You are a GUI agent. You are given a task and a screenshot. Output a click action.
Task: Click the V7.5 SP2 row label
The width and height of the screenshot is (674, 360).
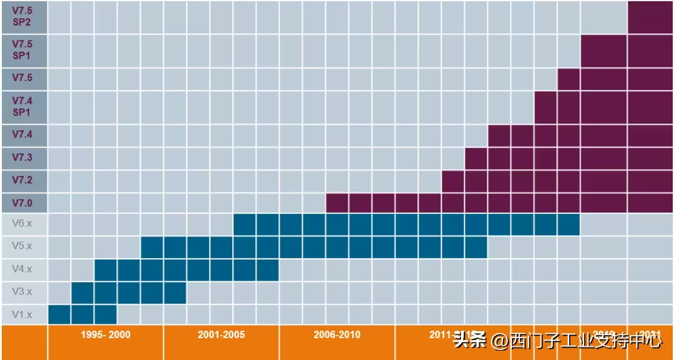point(22,17)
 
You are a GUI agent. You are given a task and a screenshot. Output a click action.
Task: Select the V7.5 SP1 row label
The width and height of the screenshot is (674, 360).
point(22,50)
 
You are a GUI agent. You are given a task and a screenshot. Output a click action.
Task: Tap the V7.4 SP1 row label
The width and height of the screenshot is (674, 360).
point(22,107)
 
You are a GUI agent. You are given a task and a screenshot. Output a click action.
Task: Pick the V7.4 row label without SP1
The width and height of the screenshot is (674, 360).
point(22,135)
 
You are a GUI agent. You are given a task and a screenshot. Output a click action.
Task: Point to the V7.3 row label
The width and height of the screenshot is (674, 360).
point(22,157)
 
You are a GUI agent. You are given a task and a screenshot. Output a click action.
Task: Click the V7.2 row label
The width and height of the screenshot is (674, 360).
point(22,180)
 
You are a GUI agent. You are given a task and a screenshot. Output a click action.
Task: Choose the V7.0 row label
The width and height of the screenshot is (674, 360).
point(22,203)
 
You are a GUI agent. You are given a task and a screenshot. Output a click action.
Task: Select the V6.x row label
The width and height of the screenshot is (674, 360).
point(22,223)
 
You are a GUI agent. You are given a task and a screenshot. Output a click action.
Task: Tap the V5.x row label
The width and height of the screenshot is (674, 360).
point(22,246)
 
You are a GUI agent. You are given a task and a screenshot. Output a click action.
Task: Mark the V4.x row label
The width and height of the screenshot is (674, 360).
point(22,270)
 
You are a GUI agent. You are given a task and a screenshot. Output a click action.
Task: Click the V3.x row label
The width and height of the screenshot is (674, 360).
point(22,292)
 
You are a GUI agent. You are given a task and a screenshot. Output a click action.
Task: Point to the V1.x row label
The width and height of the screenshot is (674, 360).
point(22,314)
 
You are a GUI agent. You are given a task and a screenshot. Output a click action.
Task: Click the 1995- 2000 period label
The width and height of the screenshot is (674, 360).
point(105,335)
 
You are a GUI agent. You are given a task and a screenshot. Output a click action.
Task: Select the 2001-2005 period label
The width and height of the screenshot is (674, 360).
point(221,335)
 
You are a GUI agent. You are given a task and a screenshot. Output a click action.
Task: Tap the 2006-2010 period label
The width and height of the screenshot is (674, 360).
point(337,335)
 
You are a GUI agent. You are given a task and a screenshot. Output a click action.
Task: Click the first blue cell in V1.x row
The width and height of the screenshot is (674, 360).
point(59,314)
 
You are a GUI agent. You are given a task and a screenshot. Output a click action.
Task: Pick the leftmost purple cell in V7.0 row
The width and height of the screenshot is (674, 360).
point(337,203)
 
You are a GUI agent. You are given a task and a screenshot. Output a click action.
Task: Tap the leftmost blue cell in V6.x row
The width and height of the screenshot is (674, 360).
point(245,224)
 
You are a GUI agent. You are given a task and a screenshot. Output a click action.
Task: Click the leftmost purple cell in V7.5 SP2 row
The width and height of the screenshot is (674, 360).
point(650,17)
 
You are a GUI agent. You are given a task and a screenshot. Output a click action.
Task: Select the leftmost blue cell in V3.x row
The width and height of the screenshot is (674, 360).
point(82,292)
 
